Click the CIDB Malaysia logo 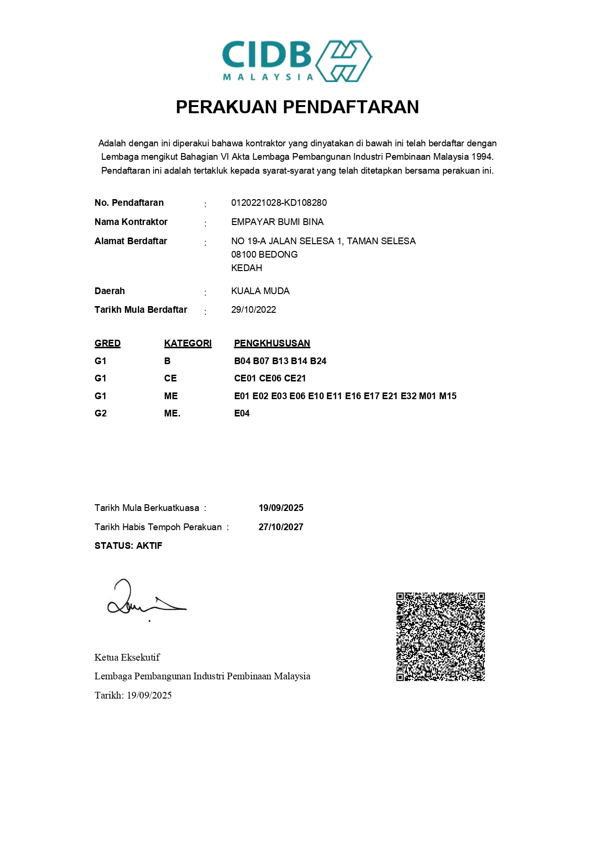pyautogui.click(x=297, y=61)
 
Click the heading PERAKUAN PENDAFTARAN pyautogui.click(x=297, y=107)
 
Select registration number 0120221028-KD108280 pyautogui.click(x=279, y=202)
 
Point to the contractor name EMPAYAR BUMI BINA pyautogui.click(x=277, y=222)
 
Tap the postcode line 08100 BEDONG pyautogui.click(x=264, y=254)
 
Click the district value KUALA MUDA pyautogui.click(x=260, y=291)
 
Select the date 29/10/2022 pyautogui.click(x=253, y=309)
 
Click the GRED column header pyautogui.click(x=107, y=343)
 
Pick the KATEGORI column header pyautogui.click(x=188, y=343)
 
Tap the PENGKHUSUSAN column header pyautogui.click(x=272, y=343)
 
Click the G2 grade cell pyautogui.click(x=100, y=413)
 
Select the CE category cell pyautogui.click(x=170, y=378)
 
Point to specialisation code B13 pyautogui.click(x=280, y=361)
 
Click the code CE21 pyautogui.click(x=295, y=378)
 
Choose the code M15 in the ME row pyautogui.click(x=448, y=396)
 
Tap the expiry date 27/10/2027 pyautogui.click(x=281, y=527)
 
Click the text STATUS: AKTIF pyautogui.click(x=128, y=546)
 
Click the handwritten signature pyautogui.click(x=144, y=600)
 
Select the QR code pyautogui.click(x=440, y=637)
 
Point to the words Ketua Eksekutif pyautogui.click(x=127, y=657)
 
